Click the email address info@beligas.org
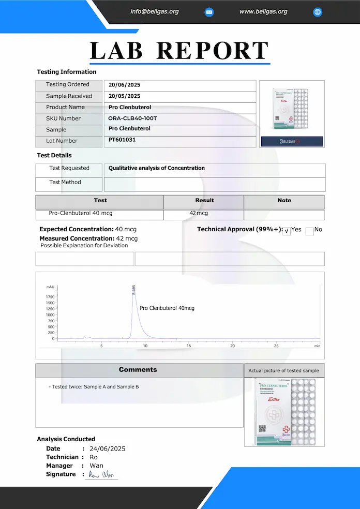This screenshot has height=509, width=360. click(155, 11)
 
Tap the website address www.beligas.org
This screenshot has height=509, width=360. click(263, 11)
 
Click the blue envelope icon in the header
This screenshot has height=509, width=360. click(209, 12)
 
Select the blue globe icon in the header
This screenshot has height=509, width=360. click(318, 12)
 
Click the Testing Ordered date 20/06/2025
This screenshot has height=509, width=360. click(124, 85)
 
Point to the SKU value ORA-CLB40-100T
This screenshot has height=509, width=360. click(132, 118)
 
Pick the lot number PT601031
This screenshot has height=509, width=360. click(122, 140)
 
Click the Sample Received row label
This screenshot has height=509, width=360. click(69, 96)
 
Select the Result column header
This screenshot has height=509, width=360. click(204, 200)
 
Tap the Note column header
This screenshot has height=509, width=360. click(284, 200)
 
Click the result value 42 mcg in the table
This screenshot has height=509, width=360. click(199, 213)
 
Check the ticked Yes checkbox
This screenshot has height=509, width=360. click(287, 232)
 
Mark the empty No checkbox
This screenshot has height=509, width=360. click(309, 232)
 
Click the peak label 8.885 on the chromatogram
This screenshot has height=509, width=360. click(134, 290)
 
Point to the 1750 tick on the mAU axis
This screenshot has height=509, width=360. click(50, 297)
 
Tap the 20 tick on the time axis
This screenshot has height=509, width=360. click(232, 346)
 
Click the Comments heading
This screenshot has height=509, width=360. click(138, 370)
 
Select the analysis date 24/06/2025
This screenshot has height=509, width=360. click(107, 449)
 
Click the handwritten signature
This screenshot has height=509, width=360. click(101, 475)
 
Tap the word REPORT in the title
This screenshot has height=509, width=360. click(212, 51)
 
